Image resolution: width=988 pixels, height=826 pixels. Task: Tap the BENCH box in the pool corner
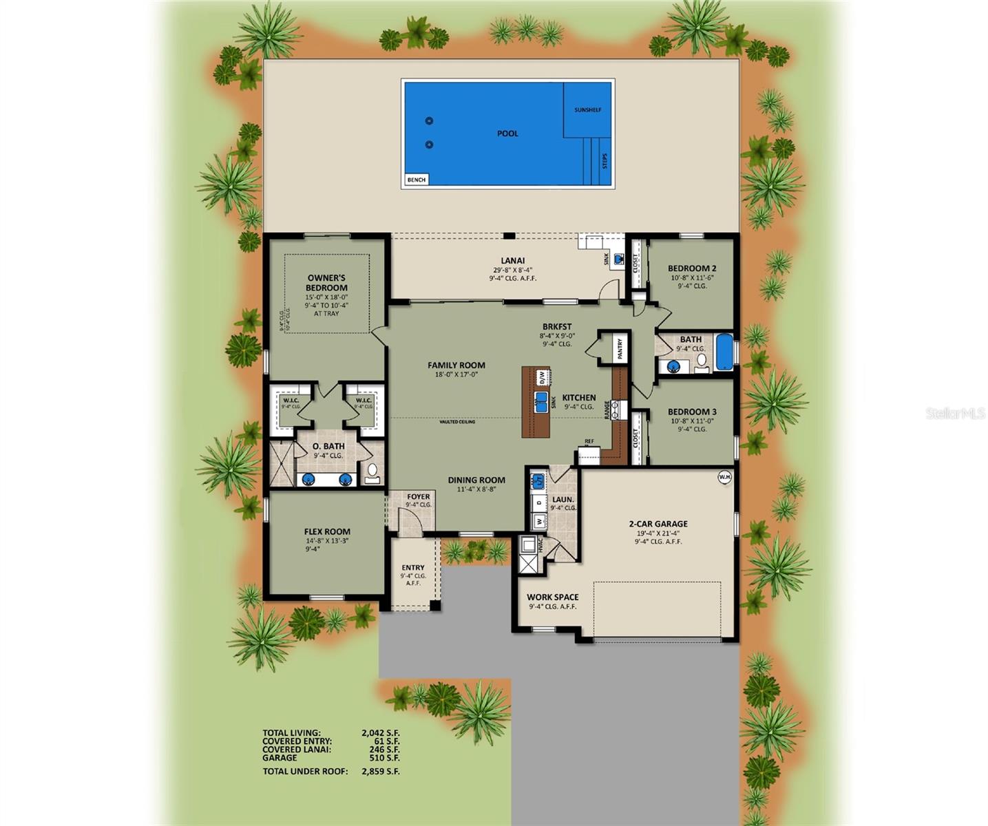click(416, 180)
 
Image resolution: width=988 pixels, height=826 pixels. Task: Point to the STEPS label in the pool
click(605, 161)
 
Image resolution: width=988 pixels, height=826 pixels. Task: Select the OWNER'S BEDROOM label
click(326, 283)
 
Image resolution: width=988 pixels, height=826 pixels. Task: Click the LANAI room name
click(512, 261)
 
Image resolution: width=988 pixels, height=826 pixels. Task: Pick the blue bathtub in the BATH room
click(725, 352)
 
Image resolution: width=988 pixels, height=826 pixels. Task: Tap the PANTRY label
click(620, 348)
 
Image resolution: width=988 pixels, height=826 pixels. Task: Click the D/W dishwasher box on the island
click(541, 377)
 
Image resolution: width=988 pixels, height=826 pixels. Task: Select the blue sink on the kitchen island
click(541, 401)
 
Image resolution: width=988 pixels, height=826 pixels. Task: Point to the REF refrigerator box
click(589, 455)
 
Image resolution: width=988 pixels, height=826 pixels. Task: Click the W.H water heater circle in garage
click(724, 476)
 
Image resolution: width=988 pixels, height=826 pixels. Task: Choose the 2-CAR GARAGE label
click(658, 524)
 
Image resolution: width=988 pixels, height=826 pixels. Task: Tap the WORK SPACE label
click(552, 597)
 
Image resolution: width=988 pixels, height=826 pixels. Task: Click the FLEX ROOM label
click(327, 531)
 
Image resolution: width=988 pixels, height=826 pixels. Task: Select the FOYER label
click(418, 496)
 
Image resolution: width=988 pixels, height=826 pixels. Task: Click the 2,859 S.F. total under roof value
click(380, 772)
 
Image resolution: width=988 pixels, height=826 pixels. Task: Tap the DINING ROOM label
click(476, 480)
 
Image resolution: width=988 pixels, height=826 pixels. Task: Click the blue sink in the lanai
click(618, 259)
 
